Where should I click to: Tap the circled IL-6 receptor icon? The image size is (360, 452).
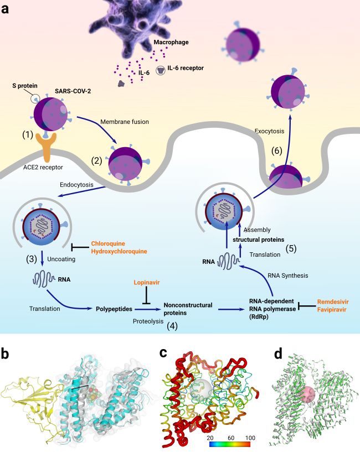click(x=161, y=70)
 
